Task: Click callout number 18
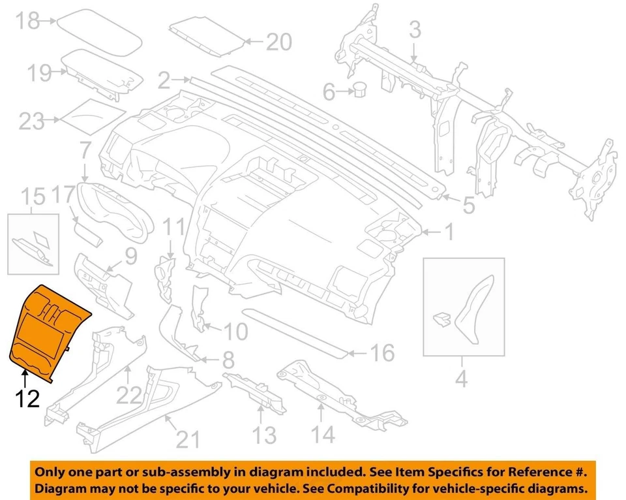28,21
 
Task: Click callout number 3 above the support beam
415,29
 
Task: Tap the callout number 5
468,206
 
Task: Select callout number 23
32,121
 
